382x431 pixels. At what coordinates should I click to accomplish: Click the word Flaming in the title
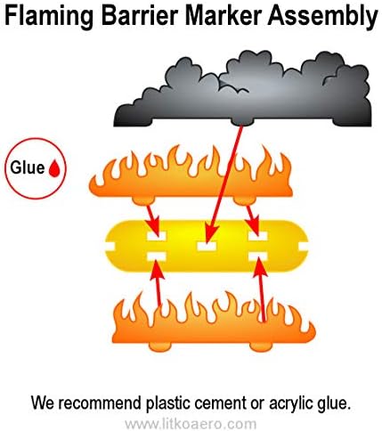pyautogui.click(x=49, y=17)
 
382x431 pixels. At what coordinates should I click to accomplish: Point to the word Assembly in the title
pyautogui.click(x=322, y=17)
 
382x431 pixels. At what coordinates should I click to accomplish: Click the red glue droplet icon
pyautogui.click(x=54, y=168)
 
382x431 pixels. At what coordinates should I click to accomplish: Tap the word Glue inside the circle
pyautogui.click(x=28, y=167)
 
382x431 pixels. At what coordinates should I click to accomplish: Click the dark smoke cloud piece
pyautogui.click(x=243, y=89)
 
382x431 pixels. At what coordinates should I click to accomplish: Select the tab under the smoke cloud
pyautogui.click(x=243, y=122)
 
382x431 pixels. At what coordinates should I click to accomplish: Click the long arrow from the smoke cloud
pyautogui.click(x=224, y=184)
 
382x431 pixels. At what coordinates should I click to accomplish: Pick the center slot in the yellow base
pyautogui.click(x=207, y=246)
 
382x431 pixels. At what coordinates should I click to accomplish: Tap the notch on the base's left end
pyautogui.click(x=110, y=246)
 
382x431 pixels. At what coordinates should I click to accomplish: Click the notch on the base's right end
pyautogui.click(x=303, y=247)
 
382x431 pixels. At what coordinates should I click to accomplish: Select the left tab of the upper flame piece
pyautogui.click(x=143, y=200)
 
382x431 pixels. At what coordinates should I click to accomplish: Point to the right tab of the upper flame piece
pyautogui.click(x=245, y=200)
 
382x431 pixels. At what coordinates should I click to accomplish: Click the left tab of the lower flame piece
pyautogui.click(x=160, y=346)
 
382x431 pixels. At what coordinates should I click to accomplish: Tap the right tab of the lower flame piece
pyautogui.click(x=261, y=346)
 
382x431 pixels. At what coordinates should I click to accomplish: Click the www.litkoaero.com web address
pyautogui.click(x=191, y=424)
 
